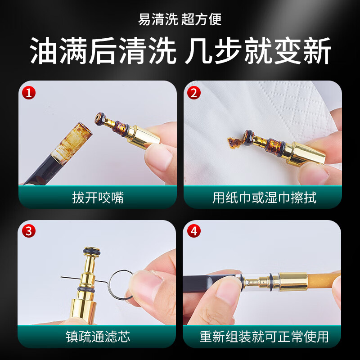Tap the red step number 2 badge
coord(194,93)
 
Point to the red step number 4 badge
coord(194,232)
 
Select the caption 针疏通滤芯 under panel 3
coord(98,336)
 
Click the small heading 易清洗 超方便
coord(180,19)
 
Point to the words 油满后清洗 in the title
coord(103,51)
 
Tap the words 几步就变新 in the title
coord(258,51)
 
